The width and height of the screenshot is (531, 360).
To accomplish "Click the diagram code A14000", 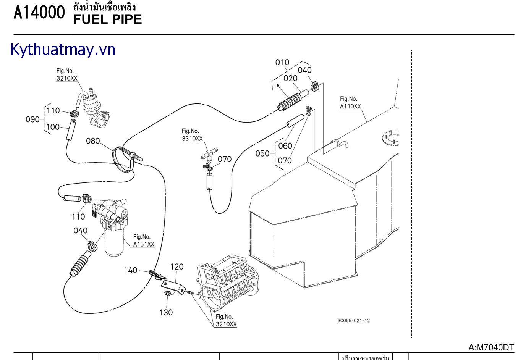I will [x=39, y=13].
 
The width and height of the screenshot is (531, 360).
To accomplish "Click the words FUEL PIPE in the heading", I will [x=107, y=19].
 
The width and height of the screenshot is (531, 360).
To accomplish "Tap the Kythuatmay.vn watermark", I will [x=63, y=50].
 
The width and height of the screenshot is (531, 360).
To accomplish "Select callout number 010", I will [x=282, y=62].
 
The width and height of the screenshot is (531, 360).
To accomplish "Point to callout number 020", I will [x=290, y=78].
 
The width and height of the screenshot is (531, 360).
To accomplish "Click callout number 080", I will [x=93, y=141].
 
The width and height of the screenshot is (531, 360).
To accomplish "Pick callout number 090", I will [x=32, y=119].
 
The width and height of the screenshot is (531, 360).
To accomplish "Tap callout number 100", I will [x=53, y=127].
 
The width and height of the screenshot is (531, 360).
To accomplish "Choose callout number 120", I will [x=177, y=267].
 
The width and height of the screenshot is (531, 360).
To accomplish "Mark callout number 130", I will [x=166, y=312].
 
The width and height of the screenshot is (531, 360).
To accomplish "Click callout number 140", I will [x=131, y=270].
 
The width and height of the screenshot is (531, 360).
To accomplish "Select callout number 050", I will [x=262, y=153].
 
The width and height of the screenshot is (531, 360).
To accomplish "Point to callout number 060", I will [x=285, y=145].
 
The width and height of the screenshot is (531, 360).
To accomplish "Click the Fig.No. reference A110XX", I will [x=350, y=107].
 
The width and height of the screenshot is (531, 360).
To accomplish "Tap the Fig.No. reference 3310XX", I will [x=192, y=139].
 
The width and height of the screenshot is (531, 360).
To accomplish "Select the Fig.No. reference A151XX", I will [x=144, y=244].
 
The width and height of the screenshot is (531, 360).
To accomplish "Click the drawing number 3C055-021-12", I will [x=354, y=321].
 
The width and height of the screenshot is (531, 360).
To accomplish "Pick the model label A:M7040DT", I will [x=491, y=347].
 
